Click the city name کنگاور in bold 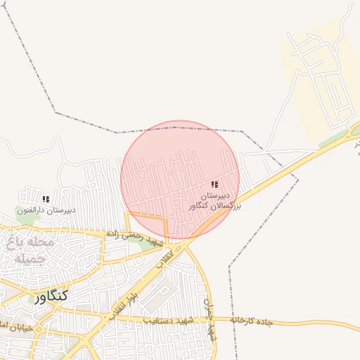[50, 296]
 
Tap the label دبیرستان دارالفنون [46, 210]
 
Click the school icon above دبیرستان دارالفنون [46, 199]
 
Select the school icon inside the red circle [214, 184]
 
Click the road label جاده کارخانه [255, 322]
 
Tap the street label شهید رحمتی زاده [134, 234]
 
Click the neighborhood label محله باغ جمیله [29, 250]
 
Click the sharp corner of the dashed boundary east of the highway [298, 179]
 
